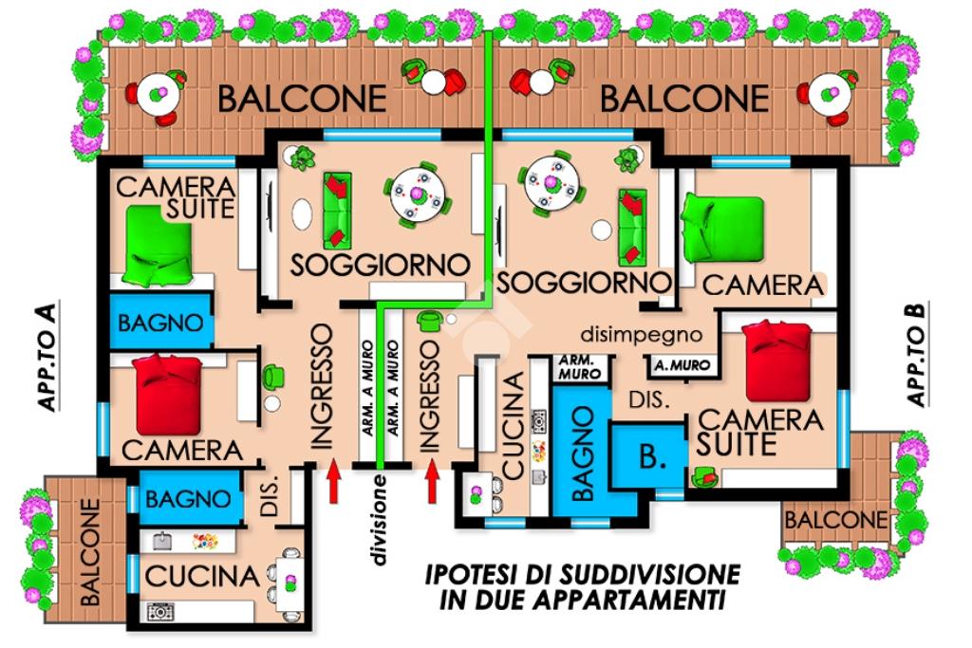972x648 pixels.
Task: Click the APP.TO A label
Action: [47, 357]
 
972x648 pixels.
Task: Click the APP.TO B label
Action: [918, 354]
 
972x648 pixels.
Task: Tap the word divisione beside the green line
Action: [379, 520]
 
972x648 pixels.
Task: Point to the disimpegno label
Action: [641, 335]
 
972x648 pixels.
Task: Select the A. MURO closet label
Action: [682, 366]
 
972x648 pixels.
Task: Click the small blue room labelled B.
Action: [648, 457]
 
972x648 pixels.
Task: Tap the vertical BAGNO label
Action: [583, 454]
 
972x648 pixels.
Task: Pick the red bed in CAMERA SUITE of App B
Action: [777, 361]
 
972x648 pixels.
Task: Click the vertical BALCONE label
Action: [89, 552]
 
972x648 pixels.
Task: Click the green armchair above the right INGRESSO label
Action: [428, 322]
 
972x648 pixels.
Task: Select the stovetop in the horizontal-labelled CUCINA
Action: [159, 612]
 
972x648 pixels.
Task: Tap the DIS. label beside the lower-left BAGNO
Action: [270, 497]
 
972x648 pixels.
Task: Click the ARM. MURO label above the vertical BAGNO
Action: [580, 367]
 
